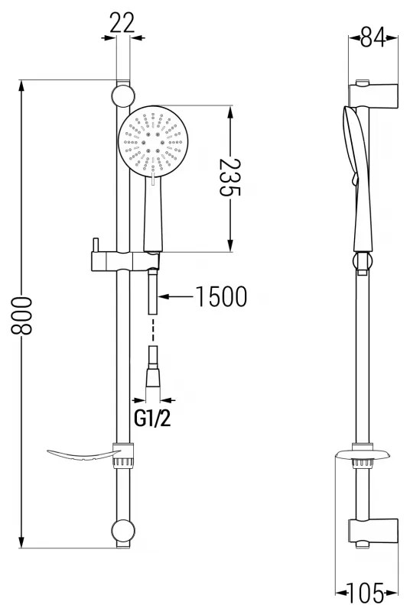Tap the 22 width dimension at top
coord(122,24)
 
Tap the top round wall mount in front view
coord(122,96)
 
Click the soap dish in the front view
coord(80,457)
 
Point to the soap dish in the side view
coord(363,457)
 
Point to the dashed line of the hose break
coord(153,330)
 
